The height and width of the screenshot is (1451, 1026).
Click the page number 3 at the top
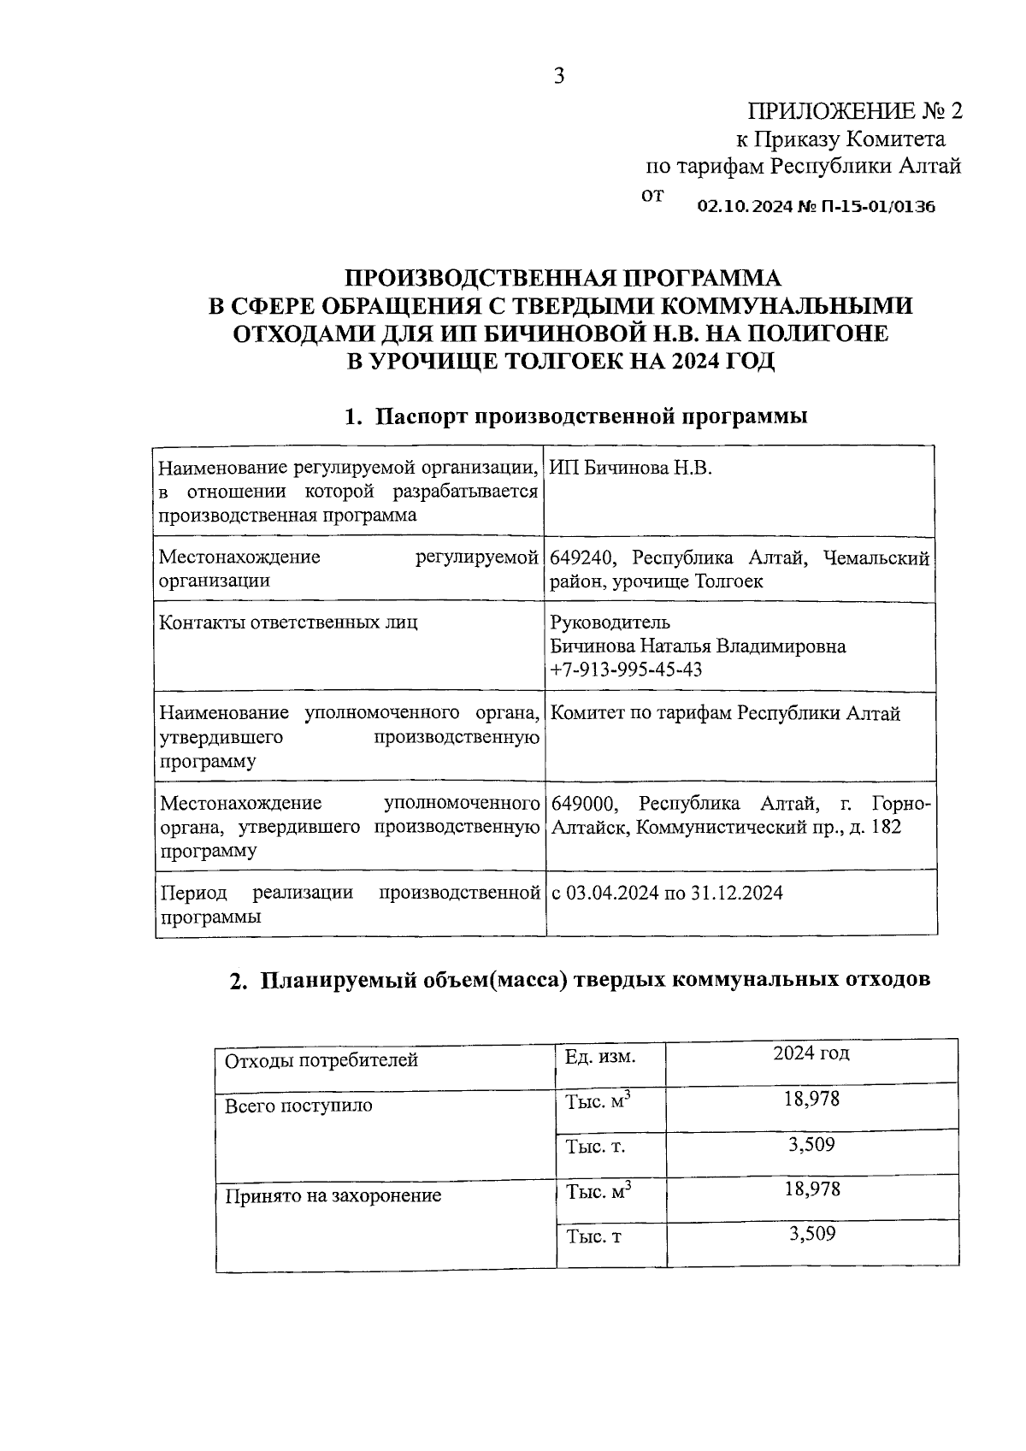point(559,77)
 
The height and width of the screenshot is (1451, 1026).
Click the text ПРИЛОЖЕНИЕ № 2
point(855,111)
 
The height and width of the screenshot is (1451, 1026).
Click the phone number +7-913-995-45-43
point(627,669)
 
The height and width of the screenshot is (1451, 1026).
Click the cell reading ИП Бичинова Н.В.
point(631,469)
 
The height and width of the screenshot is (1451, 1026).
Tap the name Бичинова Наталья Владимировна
point(699,646)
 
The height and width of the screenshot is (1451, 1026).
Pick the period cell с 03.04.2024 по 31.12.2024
point(667,894)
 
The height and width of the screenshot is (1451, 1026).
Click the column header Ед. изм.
point(600,1057)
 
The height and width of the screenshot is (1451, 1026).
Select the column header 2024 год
point(811,1053)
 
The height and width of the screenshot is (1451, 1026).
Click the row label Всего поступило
point(298,1106)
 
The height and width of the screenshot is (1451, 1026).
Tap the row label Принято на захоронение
point(333,1195)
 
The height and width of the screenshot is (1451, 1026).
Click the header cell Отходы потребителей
point(321,1061)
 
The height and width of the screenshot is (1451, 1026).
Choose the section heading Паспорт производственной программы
point(593,416)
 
